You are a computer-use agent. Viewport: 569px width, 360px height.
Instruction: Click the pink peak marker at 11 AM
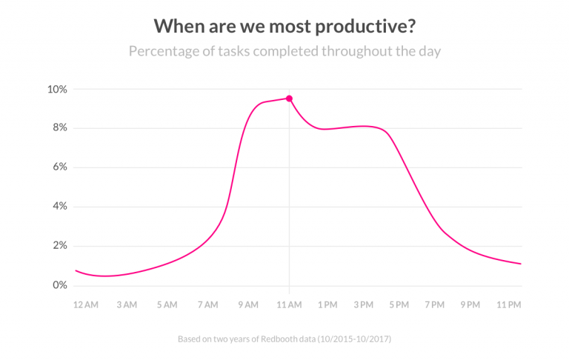[x=289, y=99]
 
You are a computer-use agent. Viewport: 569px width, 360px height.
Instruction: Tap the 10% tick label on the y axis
[x=57, y=90]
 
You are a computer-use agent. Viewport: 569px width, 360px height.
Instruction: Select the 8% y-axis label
[x=59, y=128]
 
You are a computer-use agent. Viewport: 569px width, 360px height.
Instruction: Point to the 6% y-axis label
[x=59, y=167]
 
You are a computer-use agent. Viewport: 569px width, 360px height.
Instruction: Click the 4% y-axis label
[x=59, y=207]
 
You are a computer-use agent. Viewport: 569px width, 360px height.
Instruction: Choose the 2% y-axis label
[x=59, y=246]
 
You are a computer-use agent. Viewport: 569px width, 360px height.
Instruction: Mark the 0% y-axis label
[x=59, y=285]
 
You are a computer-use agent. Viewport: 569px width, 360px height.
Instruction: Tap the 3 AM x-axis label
[x=126, y=304]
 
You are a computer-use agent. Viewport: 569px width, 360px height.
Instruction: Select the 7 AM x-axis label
[x=207, y=304]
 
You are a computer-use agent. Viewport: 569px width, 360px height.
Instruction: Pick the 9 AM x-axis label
[x=248, y=304]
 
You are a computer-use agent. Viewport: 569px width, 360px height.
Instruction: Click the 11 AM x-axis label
[x=289, y=304]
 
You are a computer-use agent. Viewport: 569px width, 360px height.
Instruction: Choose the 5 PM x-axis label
[x=399, y=304]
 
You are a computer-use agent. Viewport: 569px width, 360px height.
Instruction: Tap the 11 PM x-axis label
[x=509, y=304]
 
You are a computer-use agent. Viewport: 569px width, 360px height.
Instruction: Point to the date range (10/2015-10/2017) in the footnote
[x=353, y=339]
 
